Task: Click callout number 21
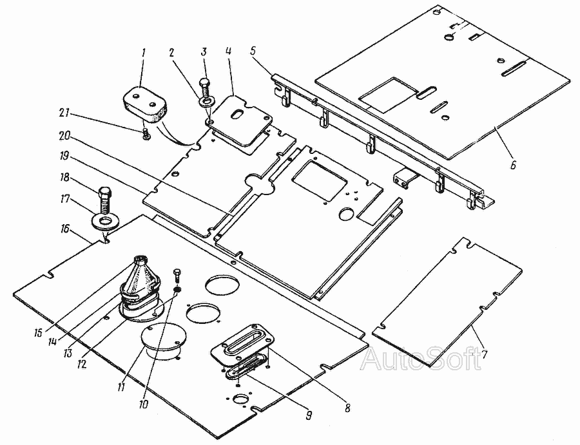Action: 64,112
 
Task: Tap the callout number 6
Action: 513,165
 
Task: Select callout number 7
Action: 485,354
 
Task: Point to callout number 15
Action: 39,332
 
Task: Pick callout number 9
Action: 309,415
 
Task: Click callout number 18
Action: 64,177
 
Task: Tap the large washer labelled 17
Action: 104,223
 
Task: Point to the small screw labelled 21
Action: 146,134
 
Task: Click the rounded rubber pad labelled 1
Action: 144,104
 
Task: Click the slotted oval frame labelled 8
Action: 242,339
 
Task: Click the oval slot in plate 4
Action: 237,114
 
